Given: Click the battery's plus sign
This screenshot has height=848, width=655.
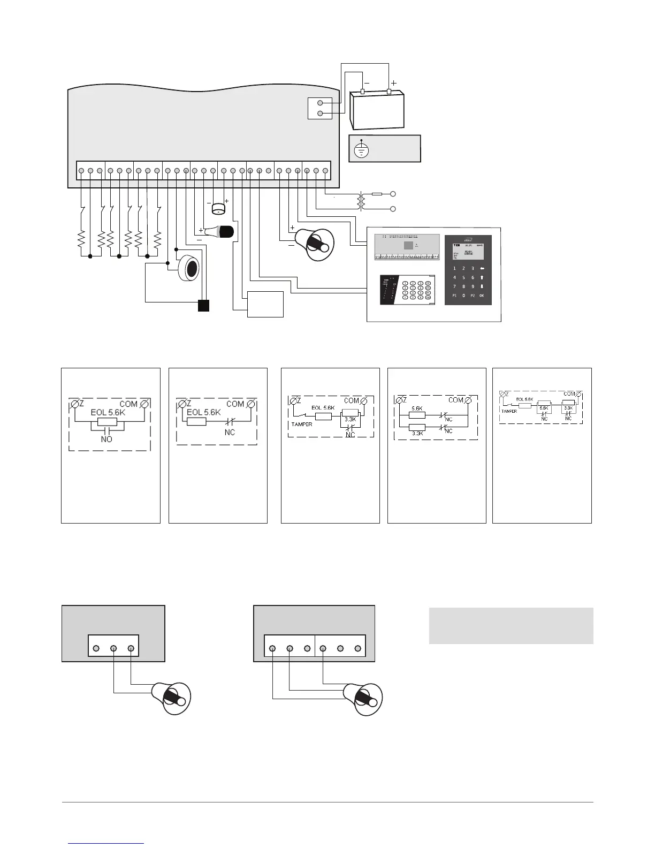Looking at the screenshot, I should tap(394, 84).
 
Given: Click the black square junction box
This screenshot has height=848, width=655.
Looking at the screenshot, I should tap(203, 306).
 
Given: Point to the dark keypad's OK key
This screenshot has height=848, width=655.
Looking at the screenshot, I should tap(482, 295).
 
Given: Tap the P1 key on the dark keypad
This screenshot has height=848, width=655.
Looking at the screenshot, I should tap(454, 295).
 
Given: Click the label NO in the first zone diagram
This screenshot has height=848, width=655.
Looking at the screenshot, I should tap(106, 439).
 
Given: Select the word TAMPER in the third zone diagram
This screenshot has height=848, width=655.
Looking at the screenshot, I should tap(301, 424).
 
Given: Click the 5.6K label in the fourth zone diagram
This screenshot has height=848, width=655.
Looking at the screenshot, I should tap(417, 408).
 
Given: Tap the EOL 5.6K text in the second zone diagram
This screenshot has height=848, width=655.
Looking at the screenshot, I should tap(204, 412).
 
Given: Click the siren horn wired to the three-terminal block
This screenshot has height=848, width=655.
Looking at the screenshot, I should tap(172, 697).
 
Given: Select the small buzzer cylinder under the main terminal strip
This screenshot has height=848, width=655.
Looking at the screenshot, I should tap(218, 209).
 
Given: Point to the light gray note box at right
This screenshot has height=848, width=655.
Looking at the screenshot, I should tap(511, 625).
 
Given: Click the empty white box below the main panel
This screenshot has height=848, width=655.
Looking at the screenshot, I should tap(265, 304).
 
